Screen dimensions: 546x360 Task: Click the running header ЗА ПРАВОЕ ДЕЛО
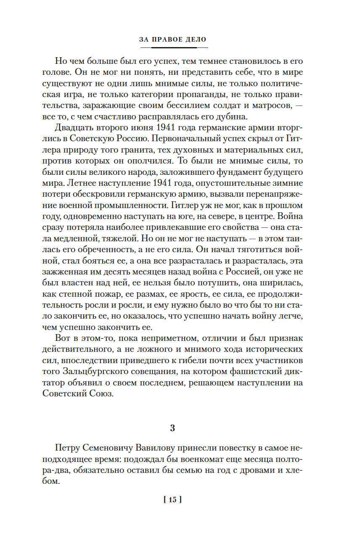click(173, 40)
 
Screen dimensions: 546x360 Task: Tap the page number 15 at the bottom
click(172, 500)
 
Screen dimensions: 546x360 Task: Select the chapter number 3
click(172, 428)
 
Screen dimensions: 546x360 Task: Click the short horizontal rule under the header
click(173, 47)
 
